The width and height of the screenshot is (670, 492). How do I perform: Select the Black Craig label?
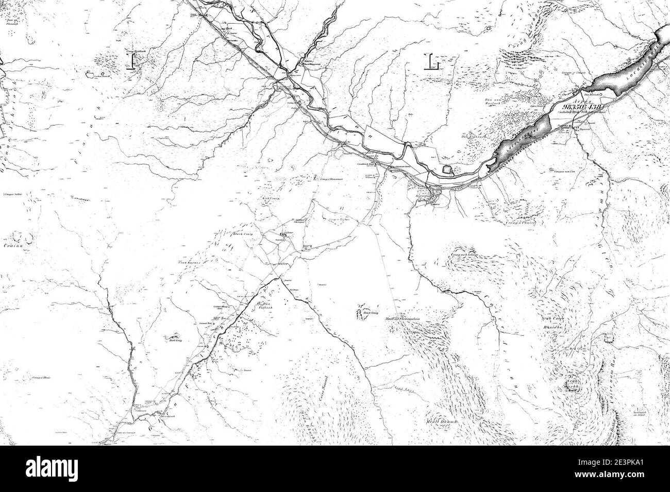(x=241, y=234)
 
